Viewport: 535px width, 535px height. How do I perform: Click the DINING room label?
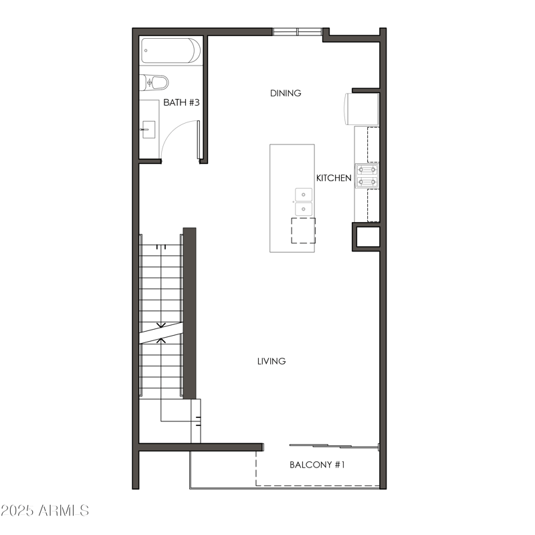tap(286, 93)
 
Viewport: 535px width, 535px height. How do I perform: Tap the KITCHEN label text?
tap(334, 178)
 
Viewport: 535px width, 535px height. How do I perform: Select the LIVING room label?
tap(272, 361)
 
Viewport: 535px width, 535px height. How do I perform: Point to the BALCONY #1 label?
tap(317, 464)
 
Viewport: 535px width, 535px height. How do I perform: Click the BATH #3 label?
tap(182, 103)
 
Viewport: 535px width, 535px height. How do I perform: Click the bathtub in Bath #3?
tap(171, 51)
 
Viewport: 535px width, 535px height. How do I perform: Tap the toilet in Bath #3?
tap(154, 82)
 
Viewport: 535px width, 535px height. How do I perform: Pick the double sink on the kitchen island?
tap(304, 202)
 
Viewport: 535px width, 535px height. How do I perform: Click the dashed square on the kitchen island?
tap(303, 230)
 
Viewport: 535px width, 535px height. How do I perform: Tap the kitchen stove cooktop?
tap(366, 176)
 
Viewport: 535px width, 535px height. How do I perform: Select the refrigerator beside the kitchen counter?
tap(362, 109)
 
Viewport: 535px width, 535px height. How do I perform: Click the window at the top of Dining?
tap(297, 31)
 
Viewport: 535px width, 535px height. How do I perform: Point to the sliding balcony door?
tap(334, 446)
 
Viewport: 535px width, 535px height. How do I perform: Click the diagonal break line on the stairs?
tap(161, 332)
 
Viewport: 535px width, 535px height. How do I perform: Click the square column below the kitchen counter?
tap(366, 237)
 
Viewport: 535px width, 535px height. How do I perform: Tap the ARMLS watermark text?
tap(64, 511)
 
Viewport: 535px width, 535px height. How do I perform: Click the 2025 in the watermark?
tap(17, 511)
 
